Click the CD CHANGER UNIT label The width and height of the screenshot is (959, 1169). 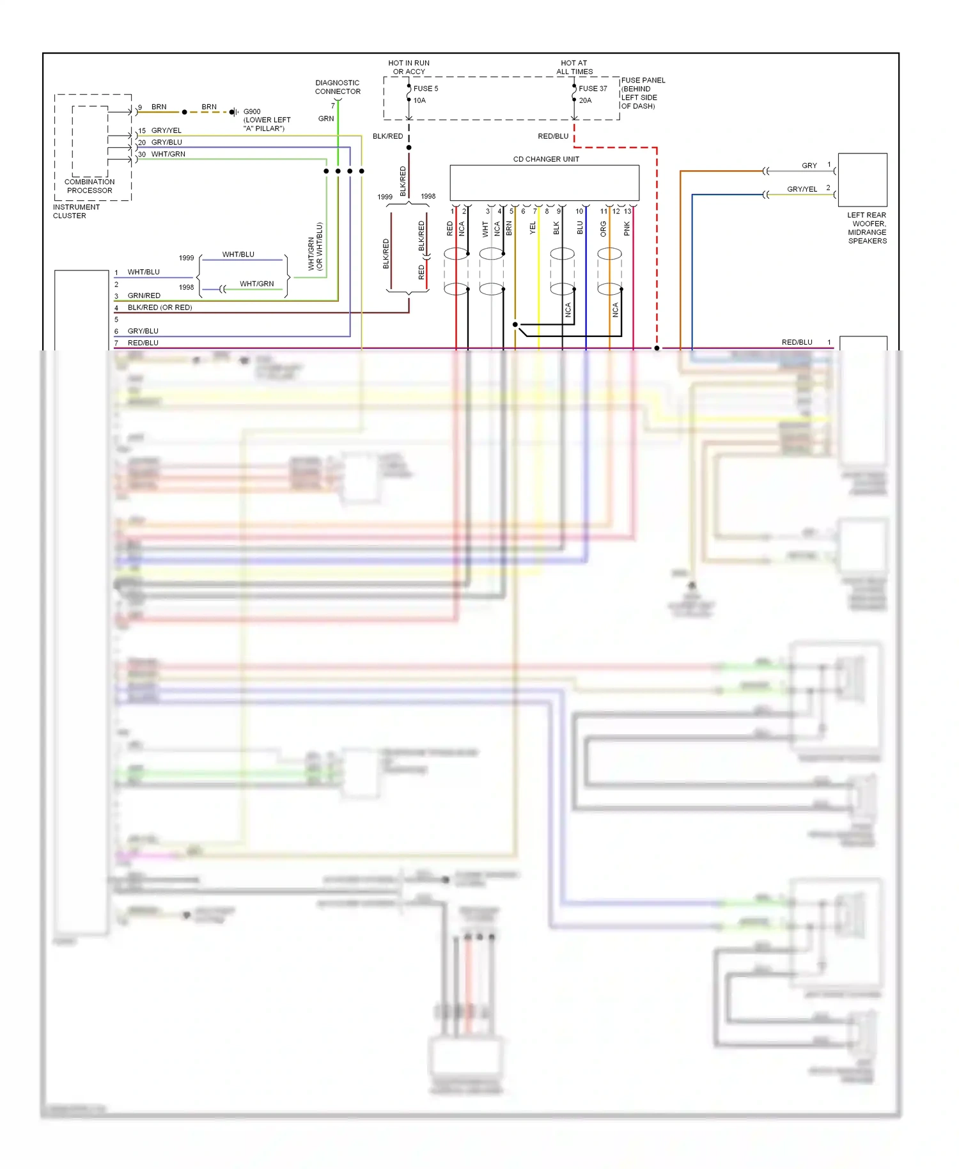(546, 159)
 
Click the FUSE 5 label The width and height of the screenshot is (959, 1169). (426, 89)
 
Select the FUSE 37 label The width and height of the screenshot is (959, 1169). (593, 89)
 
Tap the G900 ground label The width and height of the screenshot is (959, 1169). (252, 112)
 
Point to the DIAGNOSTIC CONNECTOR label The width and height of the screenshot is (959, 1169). (338, 88)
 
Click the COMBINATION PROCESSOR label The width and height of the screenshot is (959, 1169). (90, 186)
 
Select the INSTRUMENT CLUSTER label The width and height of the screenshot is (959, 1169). (76, 212)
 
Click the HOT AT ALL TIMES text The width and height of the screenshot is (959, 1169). (574, 67)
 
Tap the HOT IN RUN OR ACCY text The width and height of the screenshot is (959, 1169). (409, 67)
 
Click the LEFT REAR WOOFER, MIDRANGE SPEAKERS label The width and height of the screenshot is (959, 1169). (867, 228)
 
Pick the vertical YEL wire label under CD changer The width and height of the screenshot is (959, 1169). (533, 228)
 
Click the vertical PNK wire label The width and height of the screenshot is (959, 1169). (627, 228)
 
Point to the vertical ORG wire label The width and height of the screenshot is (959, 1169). (603, 229)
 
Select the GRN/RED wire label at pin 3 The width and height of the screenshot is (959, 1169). (144, 295)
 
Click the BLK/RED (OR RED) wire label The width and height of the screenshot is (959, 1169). (160, 308)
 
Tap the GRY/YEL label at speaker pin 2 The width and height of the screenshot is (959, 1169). (802, 189)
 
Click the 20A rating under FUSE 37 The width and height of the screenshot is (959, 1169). (585, 100)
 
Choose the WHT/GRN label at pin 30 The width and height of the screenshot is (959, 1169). (168, 154)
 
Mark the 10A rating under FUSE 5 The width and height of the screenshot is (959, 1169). (419, 100)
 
